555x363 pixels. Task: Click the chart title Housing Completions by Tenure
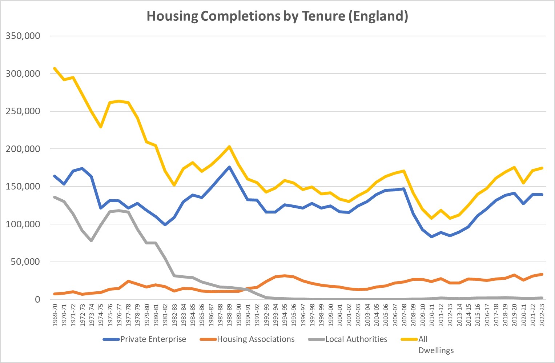[x=277, y=16]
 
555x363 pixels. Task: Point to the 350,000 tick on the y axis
[x=23, y=36]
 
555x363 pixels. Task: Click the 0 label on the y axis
[x=37, y=300]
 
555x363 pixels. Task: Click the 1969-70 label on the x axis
[x=55, y=315]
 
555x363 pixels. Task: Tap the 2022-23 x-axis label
[x=542, y=315]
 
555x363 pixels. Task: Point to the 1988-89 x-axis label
[x=229, y=315]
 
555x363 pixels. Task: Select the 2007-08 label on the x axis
[x=404, y=315]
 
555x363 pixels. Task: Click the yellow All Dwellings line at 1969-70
[x=55, y=68]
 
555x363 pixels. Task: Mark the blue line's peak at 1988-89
[x=229, y=167]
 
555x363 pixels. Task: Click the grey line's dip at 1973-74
[x=92, y=241]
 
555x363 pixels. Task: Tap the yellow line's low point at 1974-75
[x=101, y=127]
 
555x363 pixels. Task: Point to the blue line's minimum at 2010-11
[x=431, y=237]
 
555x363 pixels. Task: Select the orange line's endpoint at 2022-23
[x=542, y=274]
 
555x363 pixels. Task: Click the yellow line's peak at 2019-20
[x=514, y=167]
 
